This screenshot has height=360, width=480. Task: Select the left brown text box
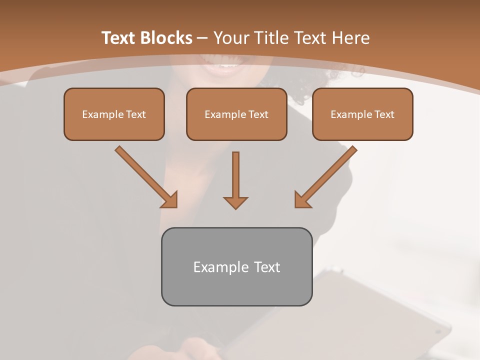114,114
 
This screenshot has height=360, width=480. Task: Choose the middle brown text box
236,114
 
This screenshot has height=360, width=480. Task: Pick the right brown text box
362,114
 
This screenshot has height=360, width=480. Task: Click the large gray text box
236,266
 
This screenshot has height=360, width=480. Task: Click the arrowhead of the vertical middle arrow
235,202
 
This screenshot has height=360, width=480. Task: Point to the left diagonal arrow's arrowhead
170,200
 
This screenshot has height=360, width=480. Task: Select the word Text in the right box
384,114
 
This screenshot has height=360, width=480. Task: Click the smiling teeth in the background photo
226,65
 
